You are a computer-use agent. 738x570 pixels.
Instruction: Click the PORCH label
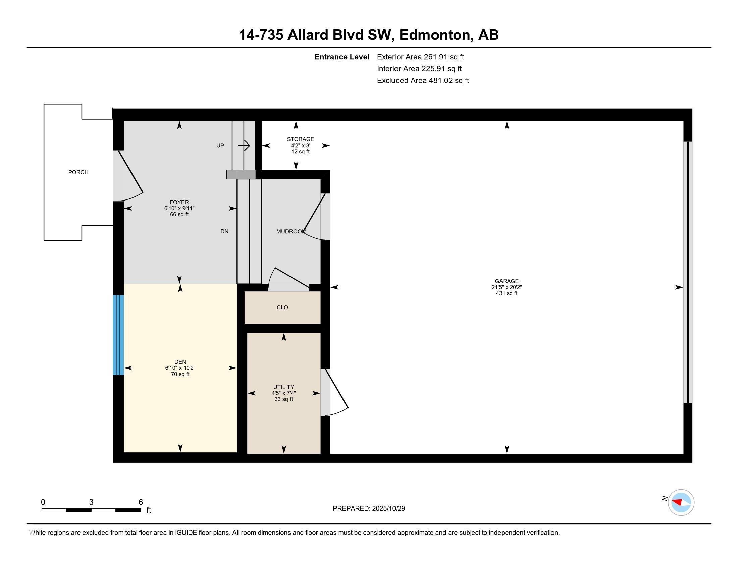click(78, 172)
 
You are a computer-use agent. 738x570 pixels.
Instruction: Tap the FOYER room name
click(179, 202)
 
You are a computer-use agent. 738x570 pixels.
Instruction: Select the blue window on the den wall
click(118, 335)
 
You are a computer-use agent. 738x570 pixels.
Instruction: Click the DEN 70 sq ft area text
click(180, 374)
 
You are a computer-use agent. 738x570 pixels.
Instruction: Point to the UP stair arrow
click(244, 146)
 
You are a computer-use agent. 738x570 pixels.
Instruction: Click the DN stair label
click(224, 231)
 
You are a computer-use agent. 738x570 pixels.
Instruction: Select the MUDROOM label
click(291, 231)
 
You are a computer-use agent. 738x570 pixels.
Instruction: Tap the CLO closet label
click(282, 307)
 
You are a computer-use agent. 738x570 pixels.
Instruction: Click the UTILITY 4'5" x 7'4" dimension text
click(283, 393)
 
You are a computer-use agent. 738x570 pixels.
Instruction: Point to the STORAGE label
click(301, 139)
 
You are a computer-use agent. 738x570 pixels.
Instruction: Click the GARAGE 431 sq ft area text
click(507, 293)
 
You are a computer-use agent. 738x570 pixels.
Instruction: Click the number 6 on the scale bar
click(141, 502)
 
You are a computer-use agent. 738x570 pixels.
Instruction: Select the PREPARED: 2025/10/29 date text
click(369, 509)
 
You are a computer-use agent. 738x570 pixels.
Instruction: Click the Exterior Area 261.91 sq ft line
click(420, 57)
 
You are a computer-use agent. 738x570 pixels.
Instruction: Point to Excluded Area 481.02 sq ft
click(423, 80)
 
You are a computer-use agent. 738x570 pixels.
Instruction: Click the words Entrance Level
click(341, 57)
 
